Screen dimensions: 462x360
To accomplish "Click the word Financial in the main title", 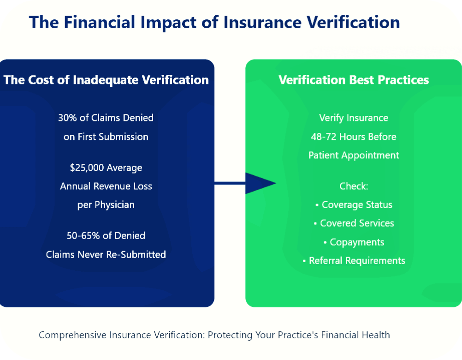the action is (x=99, y=22).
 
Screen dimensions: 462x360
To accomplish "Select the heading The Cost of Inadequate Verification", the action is (x=106, y=80).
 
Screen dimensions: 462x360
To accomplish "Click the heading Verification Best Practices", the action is (x=354, y=80).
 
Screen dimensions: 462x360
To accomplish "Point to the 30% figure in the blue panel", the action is (x=67, y=118).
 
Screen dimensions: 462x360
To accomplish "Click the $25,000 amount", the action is (x=87, y=168).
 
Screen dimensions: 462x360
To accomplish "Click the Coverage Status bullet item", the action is (x=354, y=204).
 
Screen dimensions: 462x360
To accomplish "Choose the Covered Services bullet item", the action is (x=354, y=223).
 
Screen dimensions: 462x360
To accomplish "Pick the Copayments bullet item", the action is (x=354, y=242).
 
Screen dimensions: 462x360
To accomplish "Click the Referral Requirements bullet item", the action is (x=354, y=261).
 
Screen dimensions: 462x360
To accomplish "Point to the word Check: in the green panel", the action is (x=354, y=186).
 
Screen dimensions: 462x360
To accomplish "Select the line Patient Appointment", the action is (x=354, y=156).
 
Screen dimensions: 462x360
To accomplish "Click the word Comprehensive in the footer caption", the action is (x=72, y=335).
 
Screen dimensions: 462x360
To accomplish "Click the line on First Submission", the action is (x=106, y=137).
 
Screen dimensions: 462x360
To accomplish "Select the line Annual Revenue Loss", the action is (x=106, y=186).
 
